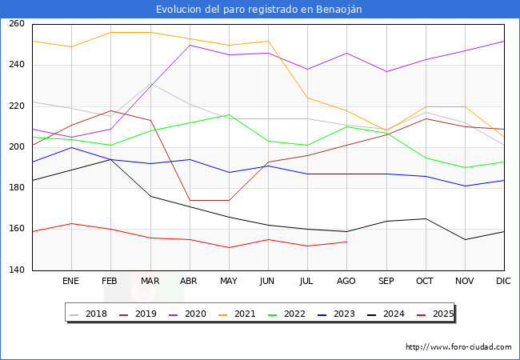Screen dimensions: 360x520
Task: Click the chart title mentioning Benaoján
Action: tap(260, 9)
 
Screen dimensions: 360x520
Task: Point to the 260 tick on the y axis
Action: tap(16, 24)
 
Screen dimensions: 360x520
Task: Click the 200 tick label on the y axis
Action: tap(16, 147)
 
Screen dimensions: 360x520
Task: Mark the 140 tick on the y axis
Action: tap(16, 270)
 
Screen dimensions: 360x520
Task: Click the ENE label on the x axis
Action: tap(71, 282)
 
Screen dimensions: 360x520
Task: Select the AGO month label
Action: tap(346, 282)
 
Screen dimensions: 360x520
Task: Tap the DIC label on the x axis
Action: tap(503, 282)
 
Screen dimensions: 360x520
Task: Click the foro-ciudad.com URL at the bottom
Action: tap(458, 347)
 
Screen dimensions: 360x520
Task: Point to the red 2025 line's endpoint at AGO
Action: tap(346, 242)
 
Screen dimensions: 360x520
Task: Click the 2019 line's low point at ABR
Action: tap(190, 200)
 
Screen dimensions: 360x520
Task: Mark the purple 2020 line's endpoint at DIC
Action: tap(504, 41)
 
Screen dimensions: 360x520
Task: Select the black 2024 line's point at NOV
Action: tap(464, 239)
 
